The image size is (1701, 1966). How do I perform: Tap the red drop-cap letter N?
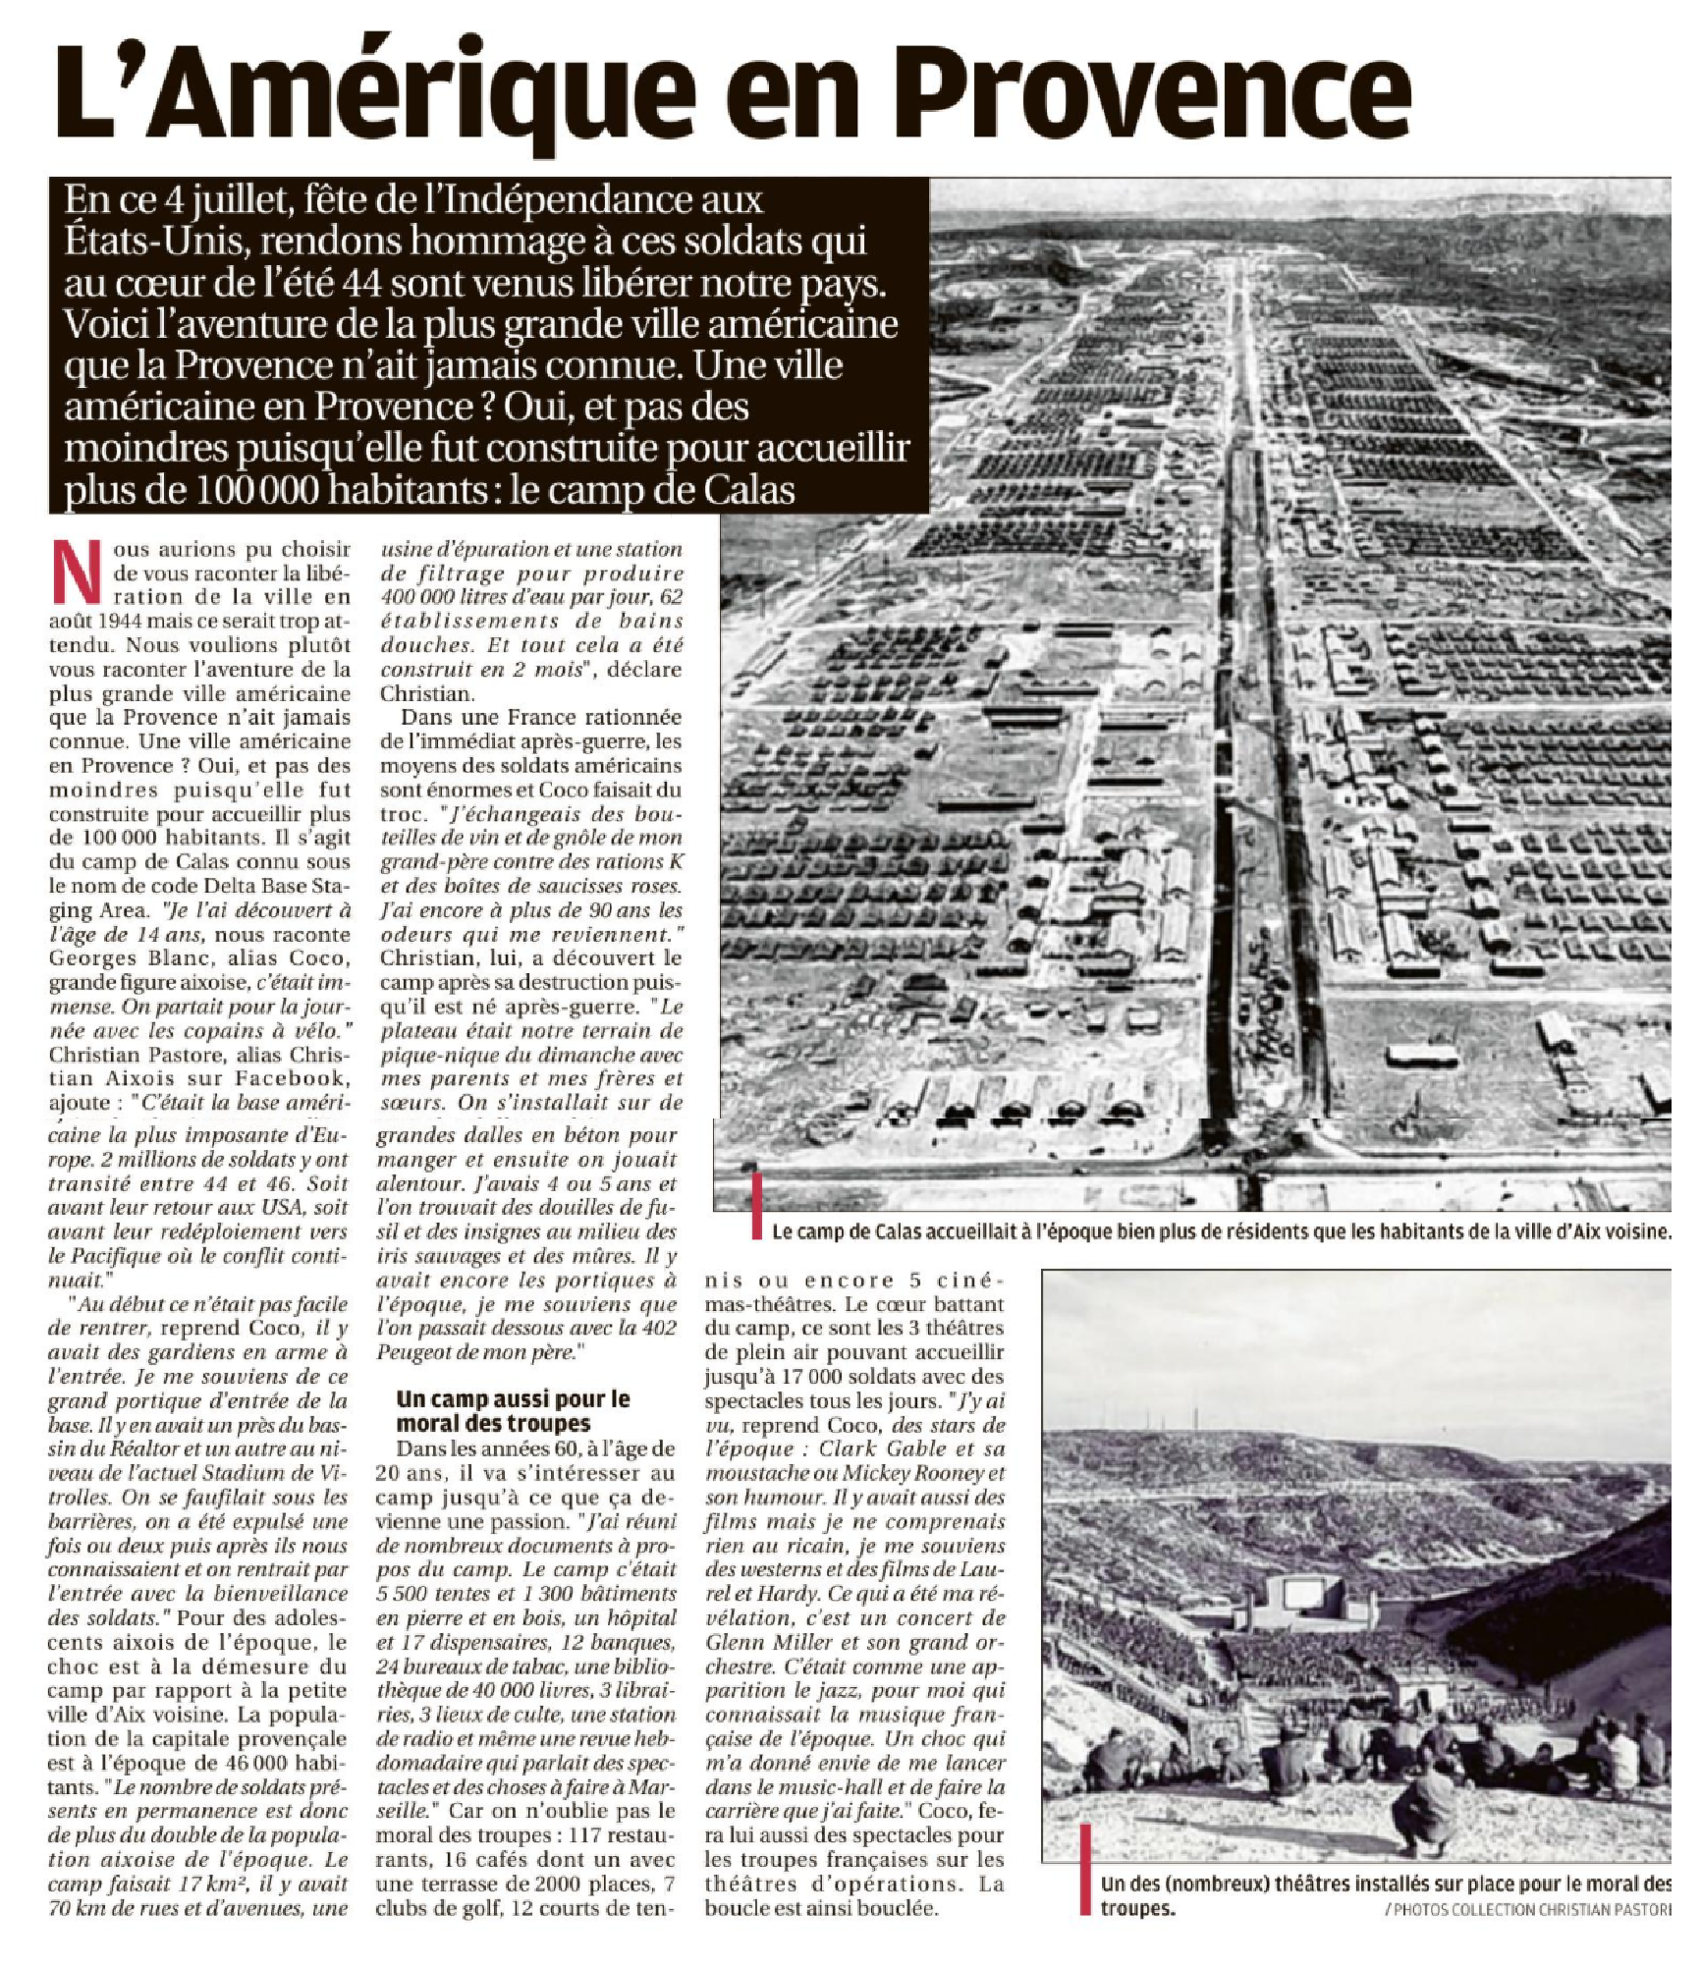(75, 572)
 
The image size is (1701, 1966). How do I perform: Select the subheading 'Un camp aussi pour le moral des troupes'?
(513, 1411)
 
